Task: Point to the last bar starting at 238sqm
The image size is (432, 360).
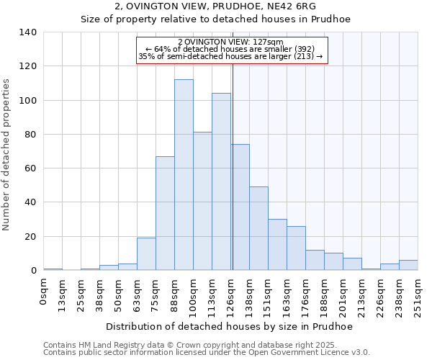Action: (x=408, y=265)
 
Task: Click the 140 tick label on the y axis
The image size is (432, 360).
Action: (x=28, y=32)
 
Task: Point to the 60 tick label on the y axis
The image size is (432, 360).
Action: (x=31, y=168)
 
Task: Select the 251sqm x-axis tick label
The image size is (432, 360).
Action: (x=418, y=295)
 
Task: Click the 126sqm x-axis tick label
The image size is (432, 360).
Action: (x=231, y=295)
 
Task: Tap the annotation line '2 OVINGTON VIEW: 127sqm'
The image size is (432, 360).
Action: (x=230, y=42)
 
